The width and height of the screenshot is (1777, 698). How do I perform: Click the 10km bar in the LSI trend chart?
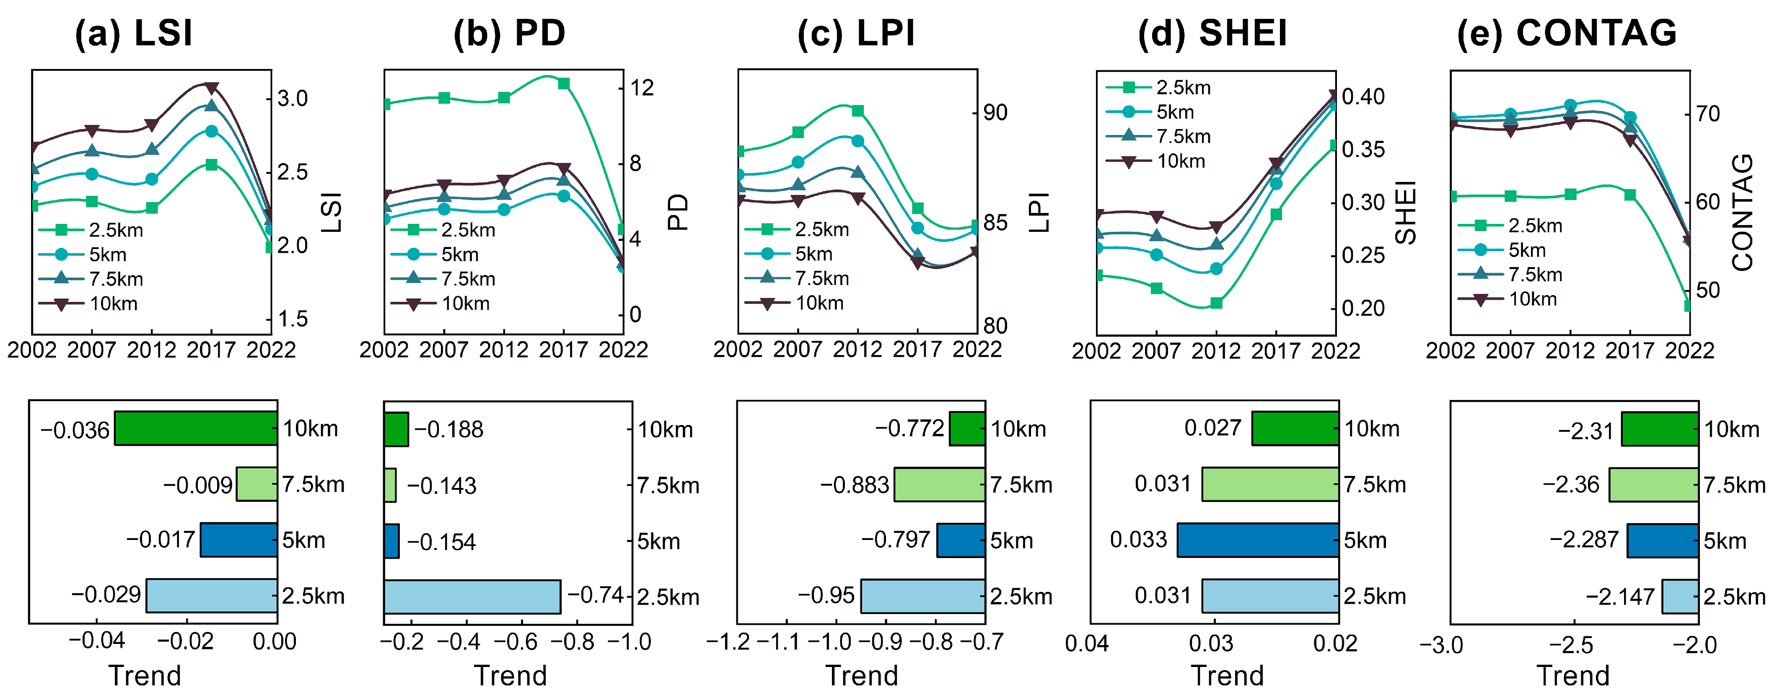(x=196, y=428)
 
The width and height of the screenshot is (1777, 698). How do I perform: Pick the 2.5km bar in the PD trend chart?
(x=472, y=597)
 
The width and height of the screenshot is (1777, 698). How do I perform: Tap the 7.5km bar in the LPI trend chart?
(x=940, y=484)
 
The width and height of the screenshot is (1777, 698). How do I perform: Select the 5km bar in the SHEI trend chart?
(x=1258, y=540)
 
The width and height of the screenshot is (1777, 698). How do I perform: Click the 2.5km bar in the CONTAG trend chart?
(x=1680, y=597)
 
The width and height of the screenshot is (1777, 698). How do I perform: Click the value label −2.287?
(x=1584, y=540)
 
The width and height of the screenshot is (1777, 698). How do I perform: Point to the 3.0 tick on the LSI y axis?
(x=293, y=99)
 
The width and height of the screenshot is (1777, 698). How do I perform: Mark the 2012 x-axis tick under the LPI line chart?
(x=857, y=350)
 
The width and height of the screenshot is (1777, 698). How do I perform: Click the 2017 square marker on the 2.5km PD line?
(x=564, y=83)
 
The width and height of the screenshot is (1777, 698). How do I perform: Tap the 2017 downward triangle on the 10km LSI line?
(x=212, y=88)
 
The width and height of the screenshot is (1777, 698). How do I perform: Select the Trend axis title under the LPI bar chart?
(x=862, y=676)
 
